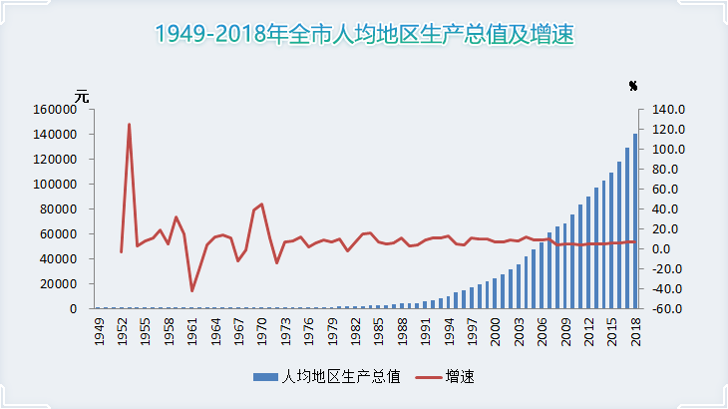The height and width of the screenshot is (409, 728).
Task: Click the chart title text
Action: [364, 34]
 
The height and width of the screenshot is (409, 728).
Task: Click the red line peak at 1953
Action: [129, 125]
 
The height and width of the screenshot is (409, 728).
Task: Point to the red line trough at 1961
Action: [191, 290]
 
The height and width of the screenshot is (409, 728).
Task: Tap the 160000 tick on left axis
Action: [56, 110]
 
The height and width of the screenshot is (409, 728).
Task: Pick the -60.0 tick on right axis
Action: [666, 309]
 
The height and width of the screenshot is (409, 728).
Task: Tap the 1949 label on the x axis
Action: [99, 333]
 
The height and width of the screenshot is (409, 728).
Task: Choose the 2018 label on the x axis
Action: [634, 333]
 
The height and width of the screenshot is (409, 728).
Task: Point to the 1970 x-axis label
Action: [261, 333]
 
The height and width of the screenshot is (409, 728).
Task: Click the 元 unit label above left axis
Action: [82, 96]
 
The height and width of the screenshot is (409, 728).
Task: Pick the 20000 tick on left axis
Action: [59, 284]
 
